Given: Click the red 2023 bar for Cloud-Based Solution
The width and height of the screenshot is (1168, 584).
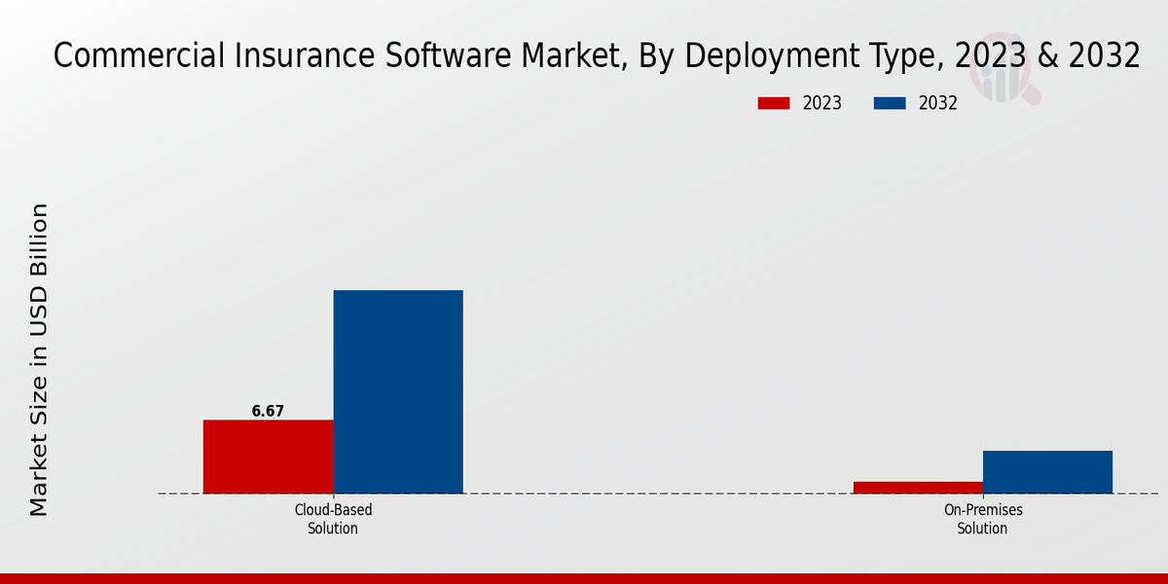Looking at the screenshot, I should coord(268,456).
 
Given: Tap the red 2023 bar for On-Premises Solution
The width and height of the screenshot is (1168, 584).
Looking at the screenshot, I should coord(918,488).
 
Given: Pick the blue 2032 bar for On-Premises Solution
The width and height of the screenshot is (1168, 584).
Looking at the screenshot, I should coord(1047,472).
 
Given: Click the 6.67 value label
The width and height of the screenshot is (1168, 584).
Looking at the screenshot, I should coord(268,412).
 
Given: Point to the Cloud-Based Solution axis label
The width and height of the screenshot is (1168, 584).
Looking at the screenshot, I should coord(333,519).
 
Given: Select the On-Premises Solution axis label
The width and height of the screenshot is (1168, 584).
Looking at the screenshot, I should coord(982,519).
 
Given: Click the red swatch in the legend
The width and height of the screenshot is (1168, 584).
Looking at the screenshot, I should coord(774,103).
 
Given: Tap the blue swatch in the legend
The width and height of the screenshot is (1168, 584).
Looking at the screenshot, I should coord(891,103).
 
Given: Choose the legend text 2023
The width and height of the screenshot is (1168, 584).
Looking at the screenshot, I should coord(821,103).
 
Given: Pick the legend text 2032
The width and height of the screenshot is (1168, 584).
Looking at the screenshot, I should coord(937,103).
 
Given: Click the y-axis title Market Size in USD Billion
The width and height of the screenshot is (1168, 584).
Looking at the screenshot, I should coord(39,359).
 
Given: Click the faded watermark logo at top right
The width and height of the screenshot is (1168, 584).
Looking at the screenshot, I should coord(1007,78).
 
